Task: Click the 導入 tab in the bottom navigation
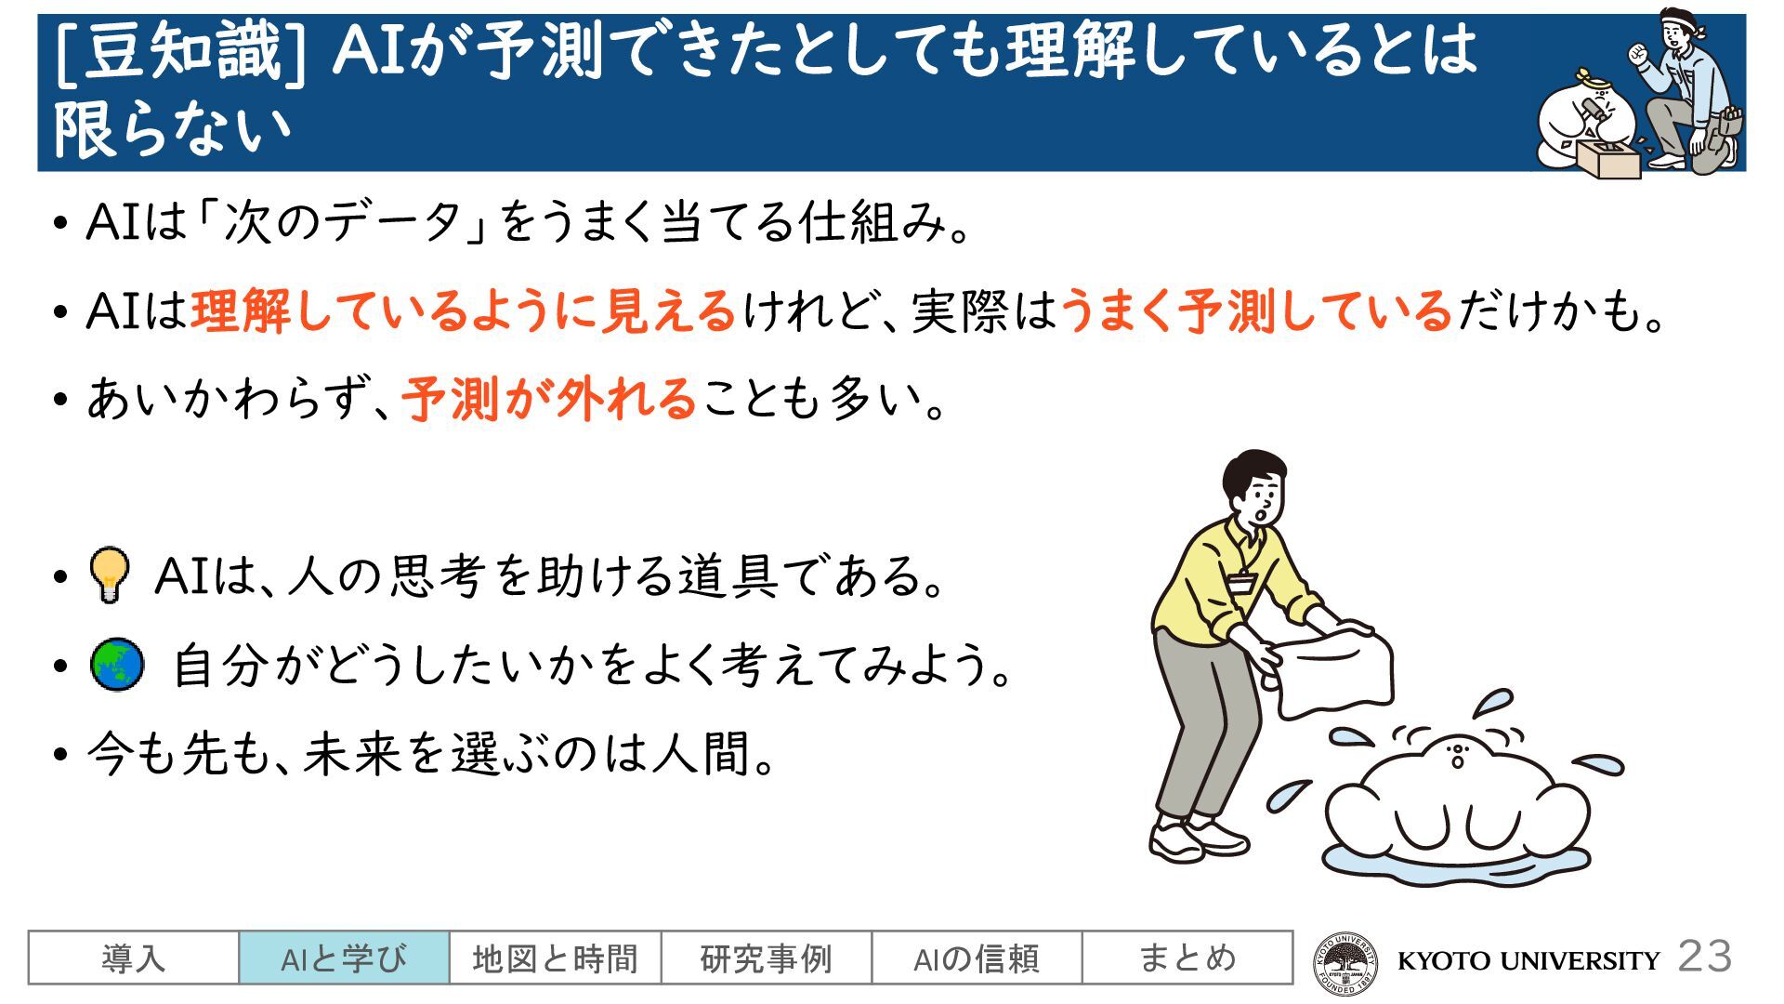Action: (x=134, y=958)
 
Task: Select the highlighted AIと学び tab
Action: (x=345, y=958)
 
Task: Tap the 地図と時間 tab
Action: (x=556, y=958)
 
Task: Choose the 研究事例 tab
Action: (x=767, y=958)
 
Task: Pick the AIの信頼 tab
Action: (x=977, y=958)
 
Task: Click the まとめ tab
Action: (x=1187, y=958)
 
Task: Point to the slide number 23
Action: (x=1705, y=957)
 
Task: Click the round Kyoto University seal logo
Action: (x=1345, y=961)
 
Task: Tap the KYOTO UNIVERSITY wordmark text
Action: (x=1528, y=960)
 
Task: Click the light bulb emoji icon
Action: (x=109, y=575)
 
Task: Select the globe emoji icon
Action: (x=117, y=665)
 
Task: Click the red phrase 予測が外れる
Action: (x=549, y=399)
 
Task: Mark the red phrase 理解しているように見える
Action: (x=464, y=310)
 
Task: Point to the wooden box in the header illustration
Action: (x=1607, y=160)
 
